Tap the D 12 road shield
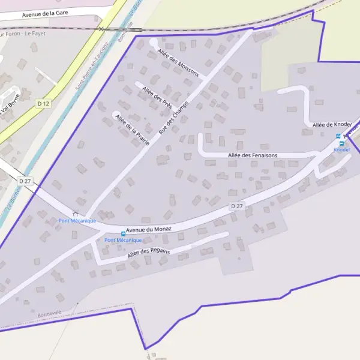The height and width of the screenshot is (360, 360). (43, 104)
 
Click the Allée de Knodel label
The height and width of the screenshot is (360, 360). (331, 125)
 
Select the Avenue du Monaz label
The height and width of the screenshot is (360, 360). (149, 229)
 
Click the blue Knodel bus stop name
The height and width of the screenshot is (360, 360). (341, 150)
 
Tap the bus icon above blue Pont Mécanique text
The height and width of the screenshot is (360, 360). (124, 234)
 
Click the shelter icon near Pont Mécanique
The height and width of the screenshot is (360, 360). (75, 213)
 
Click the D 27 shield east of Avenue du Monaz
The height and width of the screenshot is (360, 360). (237, 206)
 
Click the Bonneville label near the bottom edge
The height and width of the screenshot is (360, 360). (49, 314)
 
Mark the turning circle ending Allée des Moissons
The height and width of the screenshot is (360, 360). (154, 42)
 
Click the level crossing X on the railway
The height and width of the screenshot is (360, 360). (102, 28)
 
